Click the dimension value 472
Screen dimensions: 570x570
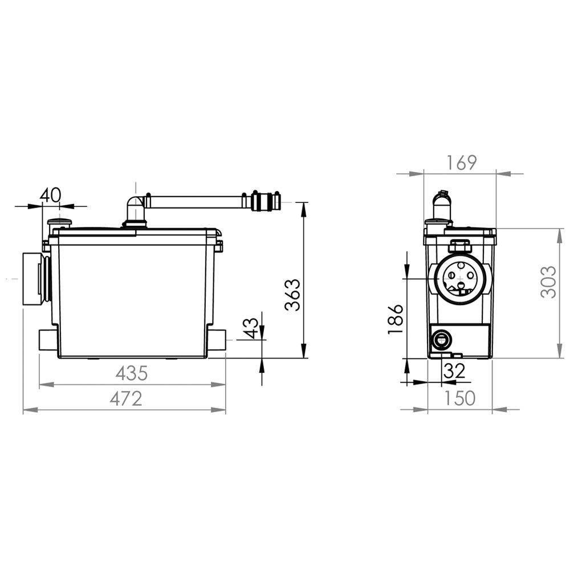click(126, 398)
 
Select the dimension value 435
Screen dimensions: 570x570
click(132, 373)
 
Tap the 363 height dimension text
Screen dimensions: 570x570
click(292, 295)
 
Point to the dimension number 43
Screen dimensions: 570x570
click(251, 328)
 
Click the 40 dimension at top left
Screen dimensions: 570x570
click(51, 196)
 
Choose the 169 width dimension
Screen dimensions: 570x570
click(461, 163)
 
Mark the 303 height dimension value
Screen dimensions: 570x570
click(548, 283)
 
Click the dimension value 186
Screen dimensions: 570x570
click(396, 319)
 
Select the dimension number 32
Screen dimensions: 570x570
click(454, 371)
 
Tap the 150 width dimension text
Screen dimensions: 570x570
click(460, 398)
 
